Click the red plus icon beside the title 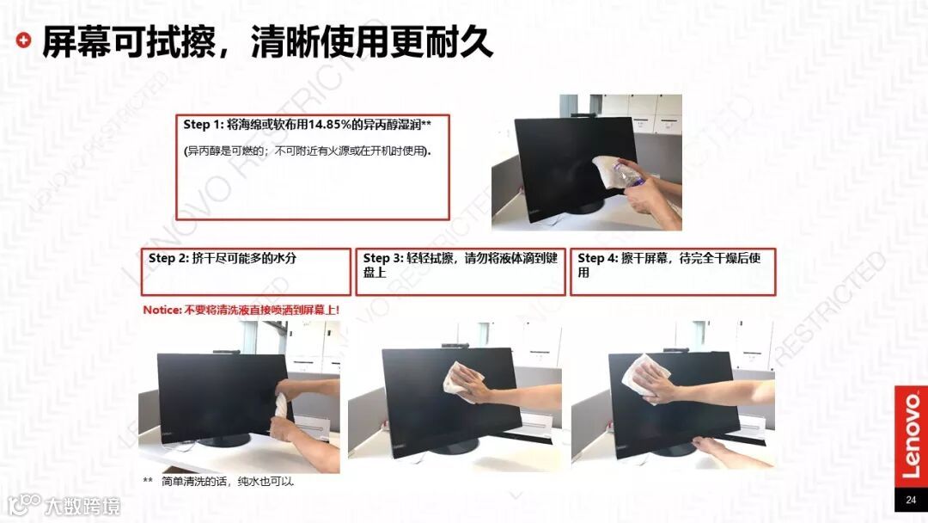(23, 40)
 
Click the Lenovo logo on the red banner (912, 436)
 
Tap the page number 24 (911, 500)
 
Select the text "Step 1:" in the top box (204, 125)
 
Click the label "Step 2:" (168, 258)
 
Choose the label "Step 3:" (383, 258)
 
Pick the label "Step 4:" (598, 258)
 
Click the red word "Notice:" (162, 310)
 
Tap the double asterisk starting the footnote (148, 480)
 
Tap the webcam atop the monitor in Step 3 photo (455, 345)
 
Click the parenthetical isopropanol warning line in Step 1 (307, 151)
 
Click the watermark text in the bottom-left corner (82, 507)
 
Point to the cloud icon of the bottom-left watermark (24, 505)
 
